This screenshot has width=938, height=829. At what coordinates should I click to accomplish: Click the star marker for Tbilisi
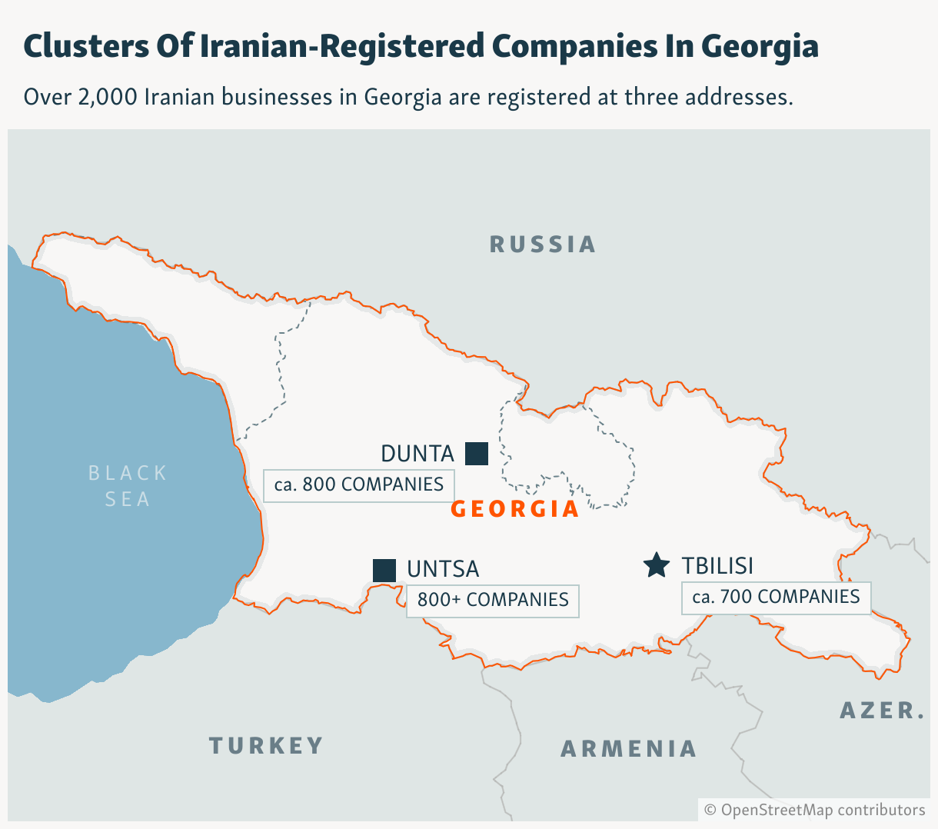(x=657, y=565)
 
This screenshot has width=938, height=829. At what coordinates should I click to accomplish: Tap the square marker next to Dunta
(x=477, y=454)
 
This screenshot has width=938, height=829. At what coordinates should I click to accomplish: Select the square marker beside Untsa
(x=384, y=571)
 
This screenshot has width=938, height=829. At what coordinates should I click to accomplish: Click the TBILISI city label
(x=717, y=566)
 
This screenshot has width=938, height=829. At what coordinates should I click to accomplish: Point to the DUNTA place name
(x=417, y=454)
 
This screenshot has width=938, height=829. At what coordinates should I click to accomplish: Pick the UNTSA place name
(x=443, y=569)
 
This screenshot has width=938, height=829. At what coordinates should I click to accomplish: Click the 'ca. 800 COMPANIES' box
(x=359, y=485)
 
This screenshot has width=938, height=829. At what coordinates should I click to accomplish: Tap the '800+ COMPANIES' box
(x=493, y=601)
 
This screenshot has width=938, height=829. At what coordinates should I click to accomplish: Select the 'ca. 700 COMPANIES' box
(x=776, y=598)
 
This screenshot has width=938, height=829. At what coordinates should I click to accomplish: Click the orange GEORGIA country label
(x=515, y=509)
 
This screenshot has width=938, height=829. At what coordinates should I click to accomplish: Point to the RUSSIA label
(x=543, y=245)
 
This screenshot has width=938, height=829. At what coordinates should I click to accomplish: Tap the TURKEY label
(x=266, y=745)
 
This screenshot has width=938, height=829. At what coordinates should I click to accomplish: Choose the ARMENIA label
(x=628, y=748)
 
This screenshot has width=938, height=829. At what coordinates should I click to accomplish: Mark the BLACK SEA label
(x=128, y=486)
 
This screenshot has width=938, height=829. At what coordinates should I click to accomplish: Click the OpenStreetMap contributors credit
(x=815, y=810)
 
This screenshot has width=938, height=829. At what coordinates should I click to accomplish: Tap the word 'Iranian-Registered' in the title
(x=342, y=46)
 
